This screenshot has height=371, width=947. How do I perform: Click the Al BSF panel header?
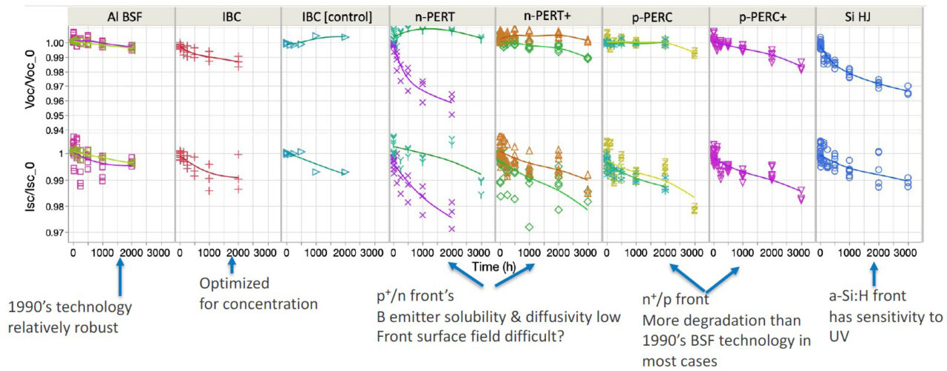tap(121, 16)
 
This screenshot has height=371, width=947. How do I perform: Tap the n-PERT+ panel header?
tap(548, 16)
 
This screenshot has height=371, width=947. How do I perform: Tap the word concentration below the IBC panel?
tap(277, 304)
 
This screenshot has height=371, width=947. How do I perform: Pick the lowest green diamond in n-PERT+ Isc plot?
tap(529, 226)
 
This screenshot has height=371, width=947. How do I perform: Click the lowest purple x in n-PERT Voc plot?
tap(451, 114)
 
